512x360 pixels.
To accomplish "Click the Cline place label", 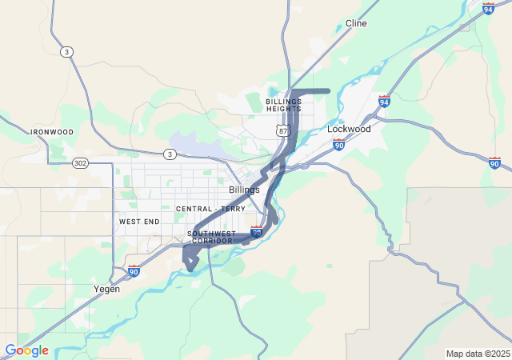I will click(x=356, y=23).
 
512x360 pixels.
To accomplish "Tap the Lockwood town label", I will click(x=349, y=128).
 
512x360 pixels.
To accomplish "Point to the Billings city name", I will click(x=244, y=190).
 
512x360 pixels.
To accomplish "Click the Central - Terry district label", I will click(x=211, y=209).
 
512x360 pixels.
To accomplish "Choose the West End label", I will click(x=139, y=221).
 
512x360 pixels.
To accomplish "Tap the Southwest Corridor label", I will click(x=211, y=237).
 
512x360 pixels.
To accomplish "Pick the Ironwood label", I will click(x=52, y=132).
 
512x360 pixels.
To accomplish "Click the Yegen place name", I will click(x=106, y=289).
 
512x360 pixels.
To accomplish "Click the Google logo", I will click(x=26, y=350).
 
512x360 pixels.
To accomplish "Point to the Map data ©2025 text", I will click(x=478, y=354).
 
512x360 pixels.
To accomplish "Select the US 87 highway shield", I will click(x=282, y=130).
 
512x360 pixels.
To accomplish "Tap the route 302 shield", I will click(x=81, y=162).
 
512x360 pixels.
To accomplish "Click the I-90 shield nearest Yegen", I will click(x=134, y=271).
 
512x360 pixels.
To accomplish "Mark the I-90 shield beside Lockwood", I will click(x=338, y=145).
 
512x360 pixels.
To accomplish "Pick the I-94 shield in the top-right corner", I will click(x=488, y=8).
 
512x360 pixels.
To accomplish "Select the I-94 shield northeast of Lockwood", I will click(x=384, y=101).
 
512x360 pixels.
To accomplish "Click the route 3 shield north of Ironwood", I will click(x=66, y=51).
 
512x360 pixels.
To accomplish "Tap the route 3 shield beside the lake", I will click(x=170, y=154).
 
